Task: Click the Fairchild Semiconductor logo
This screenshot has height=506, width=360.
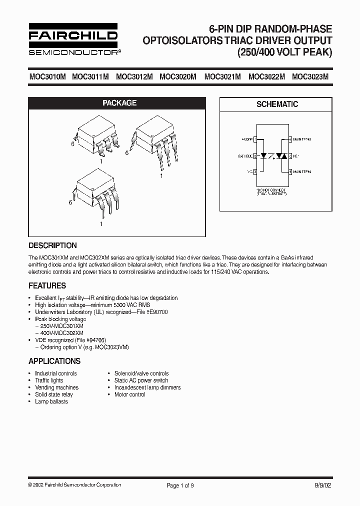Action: coord(73,39)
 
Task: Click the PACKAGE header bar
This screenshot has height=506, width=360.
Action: coord(119,103)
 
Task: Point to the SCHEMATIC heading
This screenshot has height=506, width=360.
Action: coord(277,104)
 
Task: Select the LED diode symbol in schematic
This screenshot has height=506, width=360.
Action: coord(265,156)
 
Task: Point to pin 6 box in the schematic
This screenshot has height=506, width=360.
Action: coord(289,139)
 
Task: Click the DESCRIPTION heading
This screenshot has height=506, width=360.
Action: coord(53,245)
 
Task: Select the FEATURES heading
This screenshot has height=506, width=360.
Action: coord(47,286)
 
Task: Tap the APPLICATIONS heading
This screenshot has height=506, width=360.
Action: coord(54,361)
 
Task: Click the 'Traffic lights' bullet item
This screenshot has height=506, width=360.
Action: coord(49,380)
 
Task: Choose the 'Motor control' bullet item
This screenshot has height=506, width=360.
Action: coord(129,394)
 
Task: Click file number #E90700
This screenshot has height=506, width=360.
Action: coord(156,312)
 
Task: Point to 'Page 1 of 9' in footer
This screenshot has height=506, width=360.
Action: coord(179,485)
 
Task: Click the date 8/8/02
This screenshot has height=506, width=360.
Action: coord(323,485)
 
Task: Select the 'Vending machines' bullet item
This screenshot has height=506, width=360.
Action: coord(56,387)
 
